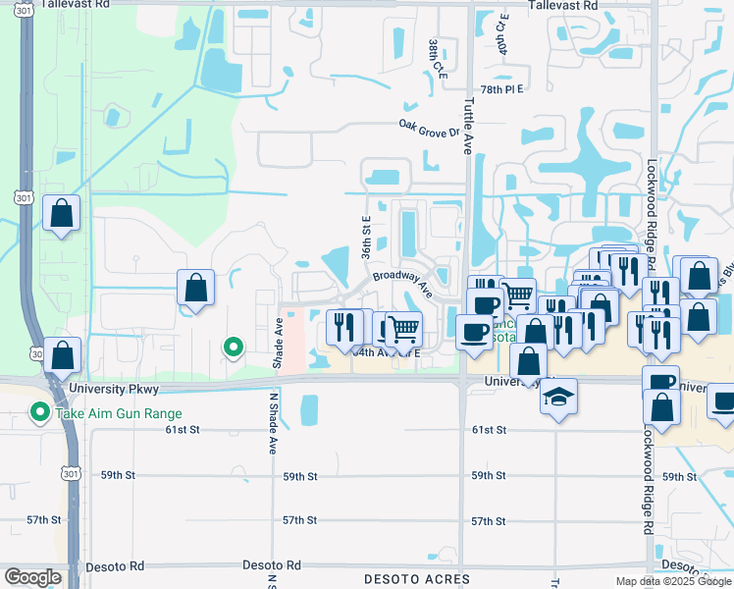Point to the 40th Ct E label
[501, 35]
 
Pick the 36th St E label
[365, 239]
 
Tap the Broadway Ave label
[402, 283]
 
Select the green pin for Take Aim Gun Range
[39, 412]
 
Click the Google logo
[32, 577]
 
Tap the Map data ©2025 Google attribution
[671, 581]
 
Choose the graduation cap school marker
[559, 396]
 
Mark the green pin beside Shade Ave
[234, 347]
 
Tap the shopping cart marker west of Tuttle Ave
[402, 327]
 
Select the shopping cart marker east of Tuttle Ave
[517, 294]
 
